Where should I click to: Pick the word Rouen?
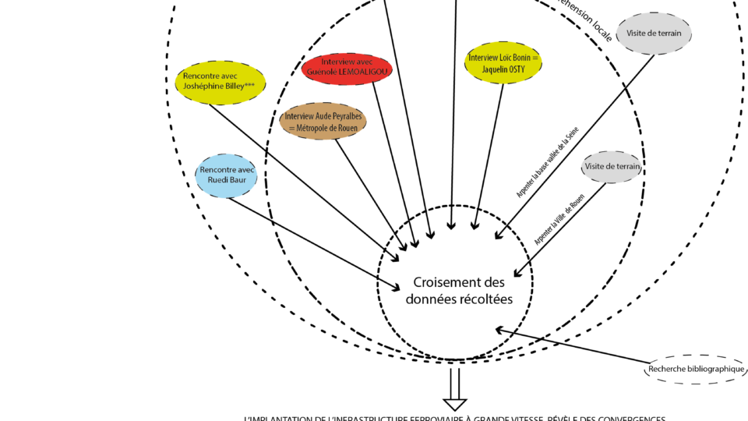pyautogui.click(x=347, y=127)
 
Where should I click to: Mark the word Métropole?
pyautogui.click(x=313, y=127)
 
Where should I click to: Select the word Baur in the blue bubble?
pyautogui.click(x=238, y=180)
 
